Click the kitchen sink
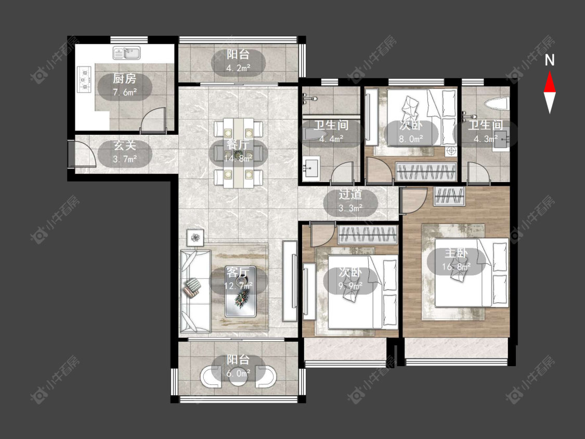pyautogui.click(x=127, y=53)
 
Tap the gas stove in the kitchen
pyautogui.click(x=84, y=79)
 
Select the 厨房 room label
pyautogui.click(x=125, y=79)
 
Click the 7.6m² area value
pyautogui.click(x=125, y=92)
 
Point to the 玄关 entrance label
pyautogui.click(x=125, y=145)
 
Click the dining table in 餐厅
pyautogui.click(x=238, y=153)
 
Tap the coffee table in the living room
pyautogui.click(x=240, y=295)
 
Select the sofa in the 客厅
pyautogui.click(x=195, y=291)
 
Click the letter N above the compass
pyautogui.click(x=550, y=60)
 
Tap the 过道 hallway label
pyautogui.click(x=350, y=195)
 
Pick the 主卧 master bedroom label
pyautogui.click(x=456, y=253)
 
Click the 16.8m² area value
pyautogui.click(x=456, y=266)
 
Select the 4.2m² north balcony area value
pyautogui.click(x=238, y=68)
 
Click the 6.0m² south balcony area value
pyautogui.click(x=238, y=373)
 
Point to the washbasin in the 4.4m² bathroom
pyautogui.click(x=310, y=169)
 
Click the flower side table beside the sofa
pyautogui.click(x=195, y=237)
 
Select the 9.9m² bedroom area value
pyautogui.click(x=350, y=286)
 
